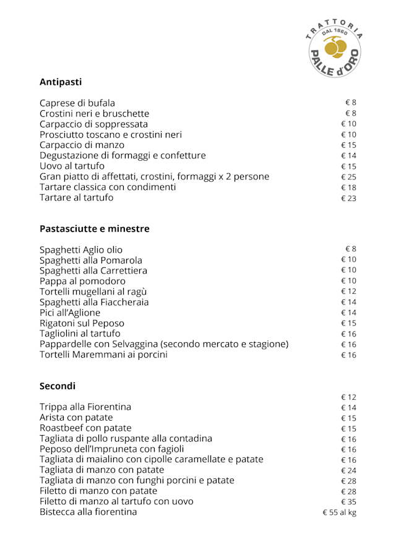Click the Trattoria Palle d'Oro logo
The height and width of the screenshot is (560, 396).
pyautogui.click(x=335, y=48)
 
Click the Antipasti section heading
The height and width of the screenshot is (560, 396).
pyautogui.click(x=61, y=82)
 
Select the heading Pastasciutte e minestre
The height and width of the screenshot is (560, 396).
pyautogui.click(x=95, y=229)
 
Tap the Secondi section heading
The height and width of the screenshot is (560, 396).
pyautogui.click(x=58, y=386)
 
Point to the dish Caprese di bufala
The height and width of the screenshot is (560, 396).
pyautogui.click(x=77, y=103)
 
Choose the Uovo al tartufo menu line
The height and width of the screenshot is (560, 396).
pyautogui.click(x=72, y=166)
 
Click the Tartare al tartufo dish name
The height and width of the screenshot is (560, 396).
pyautogui.click(x=77, y=198)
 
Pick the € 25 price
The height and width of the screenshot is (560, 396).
pyautogui.click(x=348, y=177)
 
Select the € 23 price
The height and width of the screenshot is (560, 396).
pyautogui.click(x=348, y=199)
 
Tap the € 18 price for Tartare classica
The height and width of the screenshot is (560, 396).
pyautogui.click(x=348, y=187)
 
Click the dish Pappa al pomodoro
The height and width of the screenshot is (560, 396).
pyautogui.click(x=82, y=282)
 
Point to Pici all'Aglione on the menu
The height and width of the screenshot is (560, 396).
pyautogui.click(x=70, y=313)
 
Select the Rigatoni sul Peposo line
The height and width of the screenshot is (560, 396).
pyautogui.click(x=82, y=324)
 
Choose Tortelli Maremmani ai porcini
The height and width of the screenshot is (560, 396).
pyautogui.click(x=103, y=355)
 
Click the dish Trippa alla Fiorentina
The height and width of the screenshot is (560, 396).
pyautogui.click(x=85, y=407)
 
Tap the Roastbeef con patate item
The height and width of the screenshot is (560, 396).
pyautogui.click(x=85, y=428)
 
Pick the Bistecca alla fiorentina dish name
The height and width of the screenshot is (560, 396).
pyautogui.click(x=88, y=512)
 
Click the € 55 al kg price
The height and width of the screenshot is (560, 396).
pyautogui.click(x=339, y=512)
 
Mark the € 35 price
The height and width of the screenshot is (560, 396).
pyautogui.click(x=348, y=502)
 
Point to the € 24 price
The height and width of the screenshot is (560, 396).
pyautogui.click(x=348, y=470)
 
